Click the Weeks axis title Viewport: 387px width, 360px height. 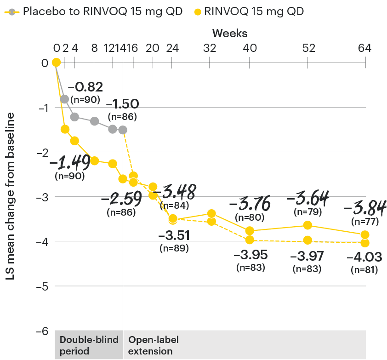click(x=230, y=34)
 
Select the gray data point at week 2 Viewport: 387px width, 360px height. click(x=65, y=99)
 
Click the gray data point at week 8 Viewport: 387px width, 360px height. click(x=94, y=121)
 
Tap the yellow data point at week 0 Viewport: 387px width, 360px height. click(x=56, y=63)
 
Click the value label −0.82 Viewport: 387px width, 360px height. click(x=85, y=87)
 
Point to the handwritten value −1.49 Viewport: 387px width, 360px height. click(x=69, y=162)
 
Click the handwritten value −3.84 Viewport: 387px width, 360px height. click(x=365, y=208)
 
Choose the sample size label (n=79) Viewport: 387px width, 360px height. click(x=308, y=213)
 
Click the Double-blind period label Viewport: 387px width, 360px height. click(x=89, y=345)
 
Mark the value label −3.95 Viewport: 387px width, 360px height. click(x=250, y=254)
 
